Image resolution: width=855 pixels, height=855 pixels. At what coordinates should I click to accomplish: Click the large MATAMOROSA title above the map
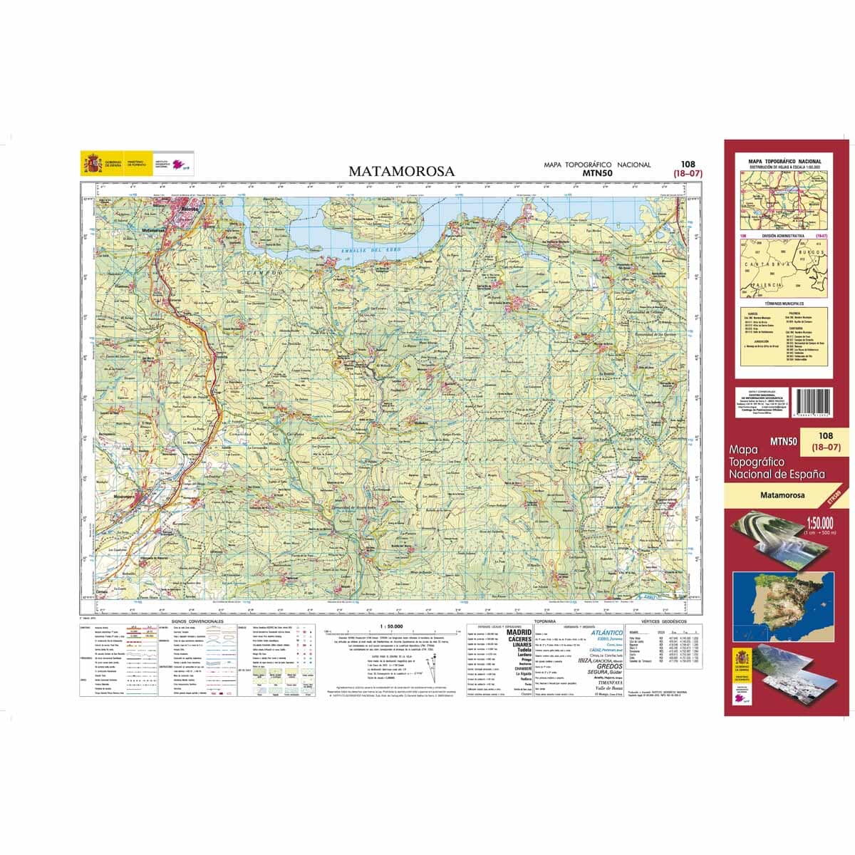[x=401, y=171]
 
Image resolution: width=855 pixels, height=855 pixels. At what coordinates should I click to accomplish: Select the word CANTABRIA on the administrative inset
[x=765, y=264]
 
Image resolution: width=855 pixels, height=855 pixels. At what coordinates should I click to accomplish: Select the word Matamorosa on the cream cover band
[x=782, y=495]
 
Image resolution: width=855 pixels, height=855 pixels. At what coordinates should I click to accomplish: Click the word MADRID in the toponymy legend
[x=519, y=632]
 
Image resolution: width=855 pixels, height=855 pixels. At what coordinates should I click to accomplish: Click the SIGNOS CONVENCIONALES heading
[x=192, y=621]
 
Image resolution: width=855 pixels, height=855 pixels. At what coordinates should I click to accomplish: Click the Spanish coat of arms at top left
[x=92, y=165]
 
